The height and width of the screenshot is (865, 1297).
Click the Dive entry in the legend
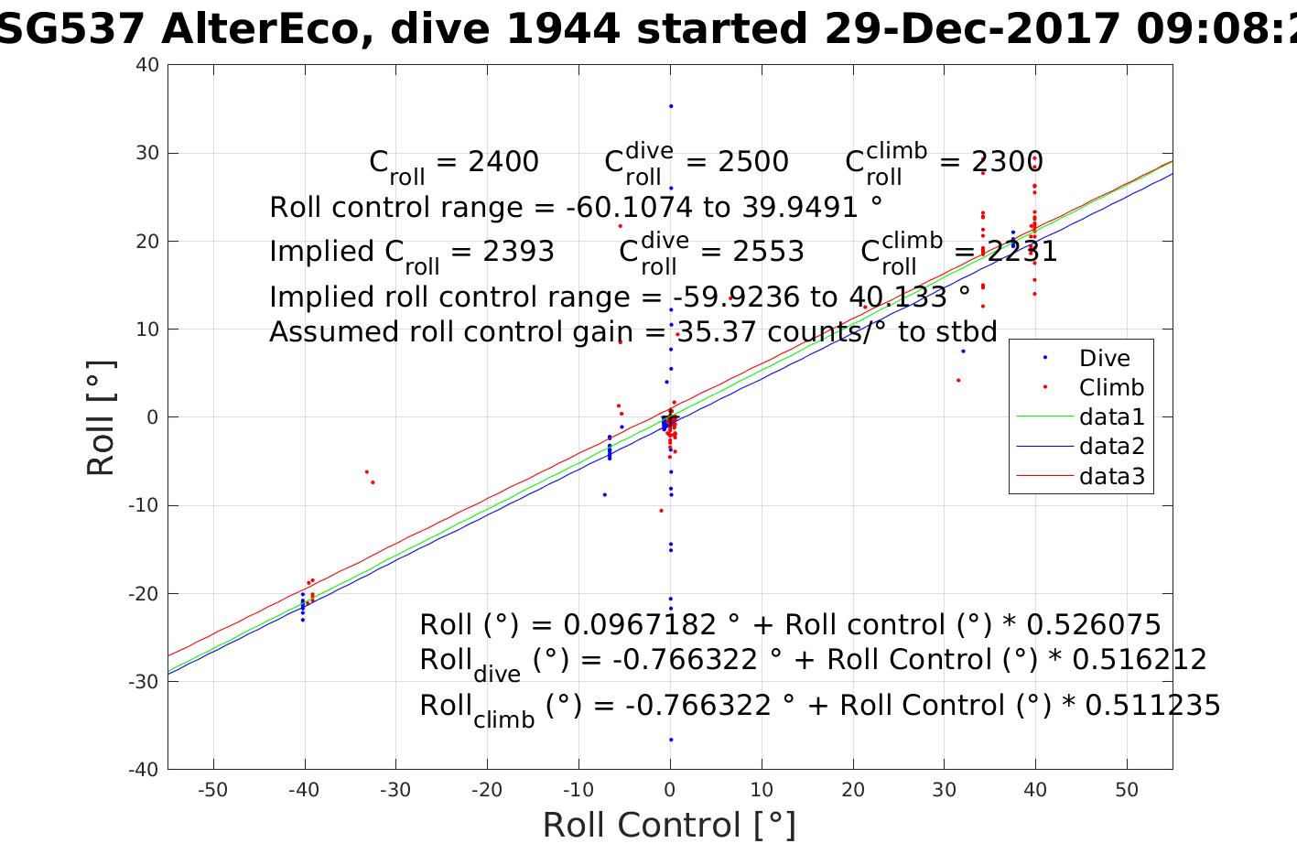click(1104, 359)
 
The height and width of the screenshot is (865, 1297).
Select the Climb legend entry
click(1111, 388)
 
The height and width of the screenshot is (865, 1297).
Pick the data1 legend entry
click(1111, 417)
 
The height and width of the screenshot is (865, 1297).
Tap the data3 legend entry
click(1111, 476)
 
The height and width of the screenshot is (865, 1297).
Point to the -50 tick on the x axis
click(212, 790)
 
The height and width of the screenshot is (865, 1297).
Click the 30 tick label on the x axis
click(944, 790)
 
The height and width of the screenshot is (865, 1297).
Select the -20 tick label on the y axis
click(144, 593)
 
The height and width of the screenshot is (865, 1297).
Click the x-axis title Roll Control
click(669, 826)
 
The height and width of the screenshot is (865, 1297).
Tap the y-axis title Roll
click(101, 417)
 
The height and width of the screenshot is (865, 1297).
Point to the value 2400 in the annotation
click(503, 162)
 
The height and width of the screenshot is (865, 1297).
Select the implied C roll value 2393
click(518, 252)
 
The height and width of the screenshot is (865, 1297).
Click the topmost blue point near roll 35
click(670, 106)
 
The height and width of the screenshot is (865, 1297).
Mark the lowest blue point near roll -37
click(670, 740)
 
